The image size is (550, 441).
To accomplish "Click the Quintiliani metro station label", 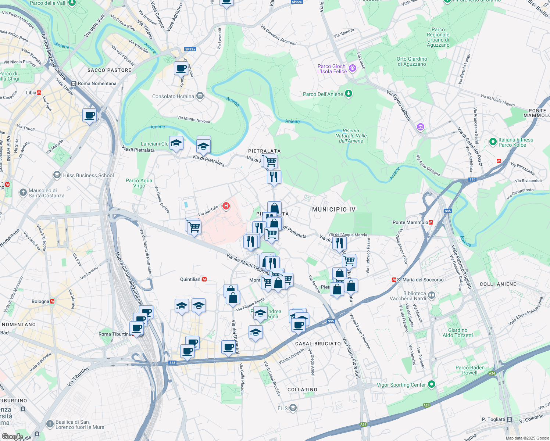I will click(191, 279).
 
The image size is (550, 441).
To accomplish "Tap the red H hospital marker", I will click(226, 206).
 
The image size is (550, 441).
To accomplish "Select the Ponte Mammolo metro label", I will click(410, 222).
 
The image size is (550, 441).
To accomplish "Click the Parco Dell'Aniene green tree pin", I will click(349, 94).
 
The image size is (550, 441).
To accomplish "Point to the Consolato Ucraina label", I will click(173, 96).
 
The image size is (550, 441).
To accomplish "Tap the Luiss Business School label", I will click(88, 175).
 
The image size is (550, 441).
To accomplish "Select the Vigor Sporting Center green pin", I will click(432, 384).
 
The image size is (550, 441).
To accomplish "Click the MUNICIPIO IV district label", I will click(334, 209).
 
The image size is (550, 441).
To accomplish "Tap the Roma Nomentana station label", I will click(97, 83).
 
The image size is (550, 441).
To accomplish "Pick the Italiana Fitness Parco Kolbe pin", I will click(493, 142).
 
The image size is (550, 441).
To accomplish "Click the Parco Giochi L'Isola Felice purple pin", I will click(353, 68).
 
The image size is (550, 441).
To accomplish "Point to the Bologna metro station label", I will click(40, 301).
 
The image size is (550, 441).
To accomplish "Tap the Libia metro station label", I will click(31, 93).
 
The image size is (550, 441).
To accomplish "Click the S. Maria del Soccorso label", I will click(420, 280).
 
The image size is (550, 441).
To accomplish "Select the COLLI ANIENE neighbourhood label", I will click(498, 284).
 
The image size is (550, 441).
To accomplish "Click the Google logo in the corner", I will click(12, 436).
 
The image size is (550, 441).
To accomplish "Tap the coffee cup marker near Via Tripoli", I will click(90, 115).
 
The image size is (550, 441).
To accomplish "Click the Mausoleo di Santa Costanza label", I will click(46, 193).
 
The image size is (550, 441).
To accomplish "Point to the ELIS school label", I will click(283, 408).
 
